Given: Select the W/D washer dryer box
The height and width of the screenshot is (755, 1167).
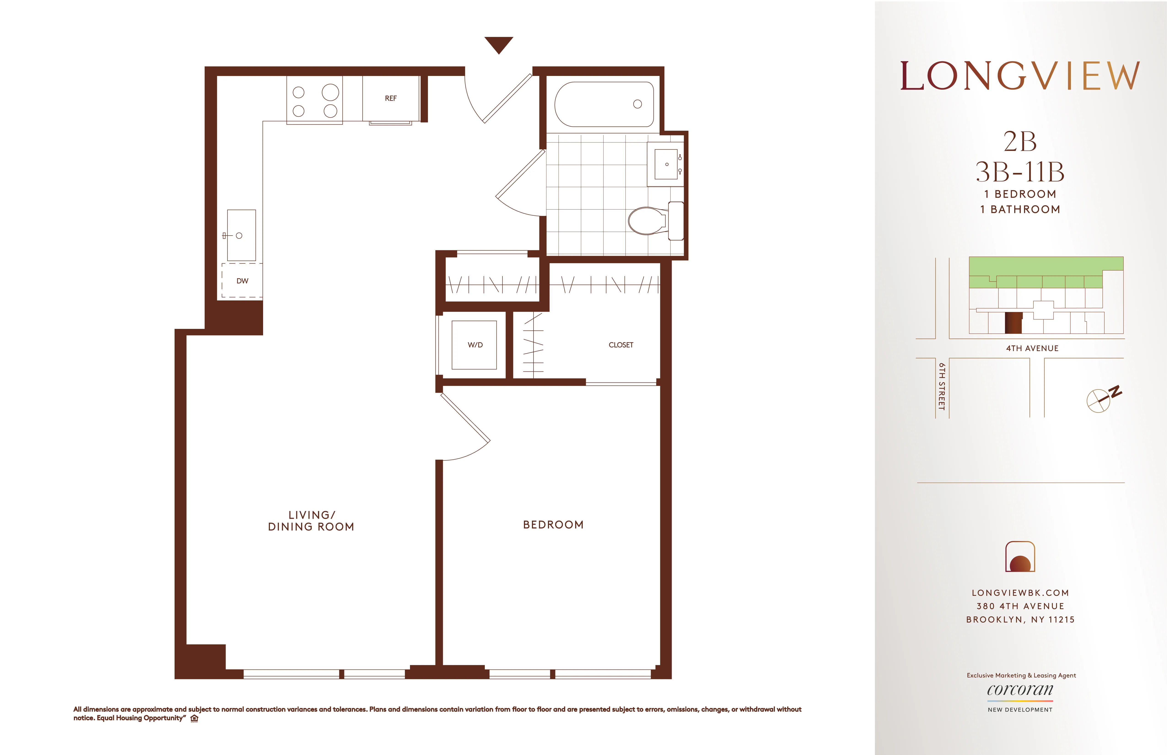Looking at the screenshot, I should pos(474,345).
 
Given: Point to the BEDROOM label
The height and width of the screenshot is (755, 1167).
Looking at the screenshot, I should pos(553,525).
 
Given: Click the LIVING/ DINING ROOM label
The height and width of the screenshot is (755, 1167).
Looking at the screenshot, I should pos(311,521).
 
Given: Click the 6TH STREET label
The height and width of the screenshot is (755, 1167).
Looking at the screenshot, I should pos(941,386).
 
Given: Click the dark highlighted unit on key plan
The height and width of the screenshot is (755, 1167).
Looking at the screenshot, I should pos(1013,322).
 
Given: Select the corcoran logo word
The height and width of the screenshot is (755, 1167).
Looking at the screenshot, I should pos(1020,690).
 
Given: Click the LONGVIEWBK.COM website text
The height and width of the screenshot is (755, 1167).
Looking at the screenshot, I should pos(1020,593).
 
